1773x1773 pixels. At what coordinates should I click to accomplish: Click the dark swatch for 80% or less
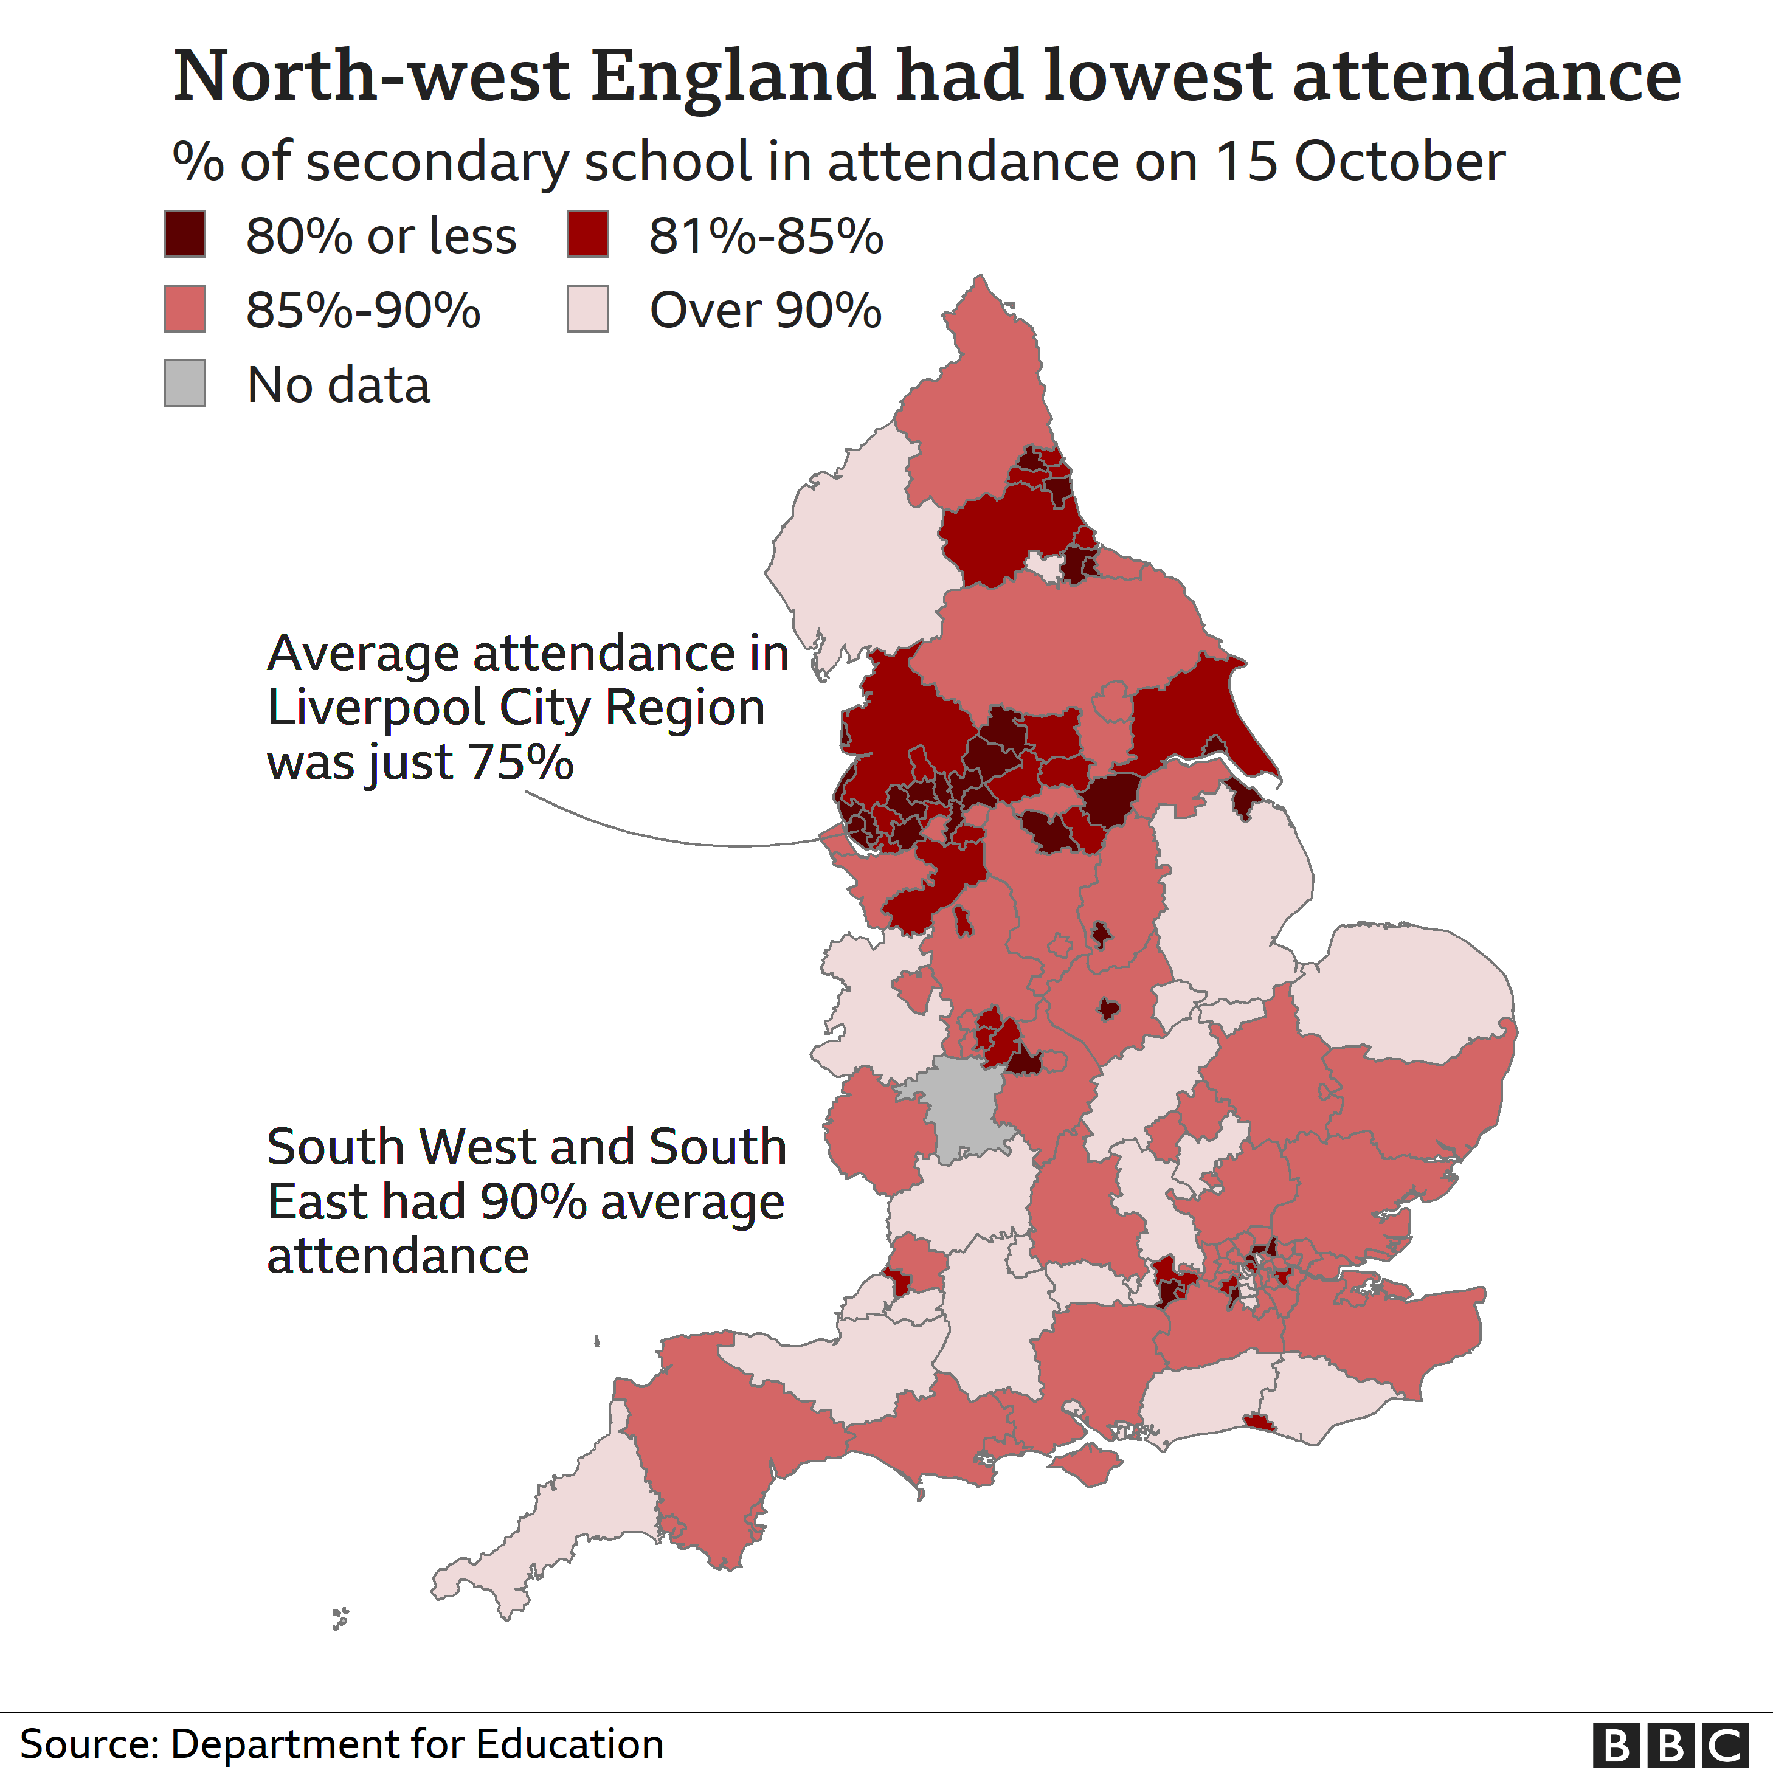point(184,234)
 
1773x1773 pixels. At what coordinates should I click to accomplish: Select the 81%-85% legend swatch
point(587,234)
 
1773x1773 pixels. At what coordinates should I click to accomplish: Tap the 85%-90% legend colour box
point(184,308)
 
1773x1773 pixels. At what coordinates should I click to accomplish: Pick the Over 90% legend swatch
point(587,308)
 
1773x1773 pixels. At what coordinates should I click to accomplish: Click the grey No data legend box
point(184,382)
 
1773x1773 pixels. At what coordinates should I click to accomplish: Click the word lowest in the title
point(1159,75)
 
